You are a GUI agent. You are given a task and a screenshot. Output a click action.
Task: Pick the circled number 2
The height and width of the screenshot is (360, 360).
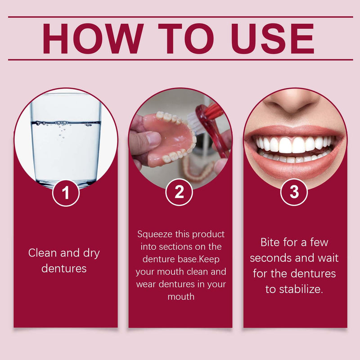(x=180, y=193)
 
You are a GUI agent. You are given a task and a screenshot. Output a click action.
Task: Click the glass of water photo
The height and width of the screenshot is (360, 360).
(x=66, y=139)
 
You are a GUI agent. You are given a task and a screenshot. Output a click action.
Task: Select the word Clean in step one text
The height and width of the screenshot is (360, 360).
(x=43, y=253)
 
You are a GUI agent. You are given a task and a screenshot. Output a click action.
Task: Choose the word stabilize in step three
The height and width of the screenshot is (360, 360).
(x=301, y=289)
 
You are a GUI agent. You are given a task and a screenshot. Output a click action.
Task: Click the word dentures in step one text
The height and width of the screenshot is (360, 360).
(x=63, y=269)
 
